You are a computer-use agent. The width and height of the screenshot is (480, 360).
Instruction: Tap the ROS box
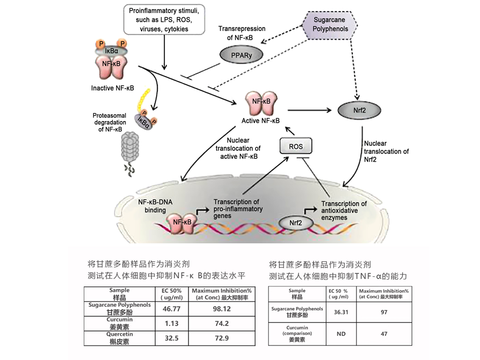click(x=295, y=146)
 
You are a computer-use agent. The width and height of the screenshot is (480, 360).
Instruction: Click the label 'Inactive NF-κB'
click(x=113, y=89)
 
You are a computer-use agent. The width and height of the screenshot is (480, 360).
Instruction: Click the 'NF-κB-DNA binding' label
click(x=155, y=206)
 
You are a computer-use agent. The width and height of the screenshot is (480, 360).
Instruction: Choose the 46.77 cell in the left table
click(x=172, y=309)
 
